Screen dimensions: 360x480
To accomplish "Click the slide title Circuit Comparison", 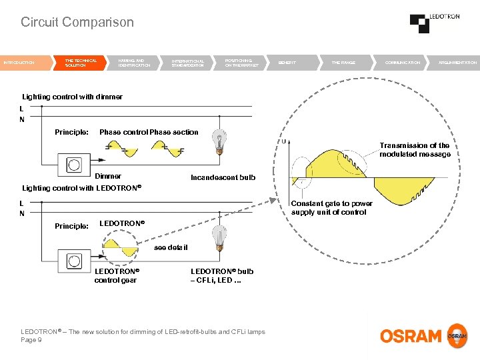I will pyautogui.click(x=77, y=22).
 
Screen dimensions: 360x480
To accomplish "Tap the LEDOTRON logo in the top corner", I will pyautogui.click(x=434, y=23).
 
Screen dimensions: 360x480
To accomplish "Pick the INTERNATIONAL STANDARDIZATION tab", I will pyautogui.click(x=188, y=63).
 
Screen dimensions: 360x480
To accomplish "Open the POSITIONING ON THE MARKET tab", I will pyautogui.click(x=241, y=63).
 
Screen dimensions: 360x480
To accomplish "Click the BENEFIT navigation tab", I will pyautogui.click(x=287, y=63).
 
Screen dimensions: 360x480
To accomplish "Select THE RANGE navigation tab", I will pyautogui.click(x=343, y=63).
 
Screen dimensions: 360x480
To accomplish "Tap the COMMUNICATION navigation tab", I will pyautogui.click(x=403, y=63).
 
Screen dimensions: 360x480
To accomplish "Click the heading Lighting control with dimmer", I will pyautogui.click(x=73, y=97).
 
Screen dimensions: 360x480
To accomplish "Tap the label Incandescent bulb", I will pyautogui.click(x=223, y=177).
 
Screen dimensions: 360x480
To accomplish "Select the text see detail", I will pyautogui.click(x=171, y=247).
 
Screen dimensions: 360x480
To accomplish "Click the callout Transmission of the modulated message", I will pyautogui.click(x=415, y=150).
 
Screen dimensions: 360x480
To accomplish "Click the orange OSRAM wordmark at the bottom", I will pyautogui.click(x=411, y=336).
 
